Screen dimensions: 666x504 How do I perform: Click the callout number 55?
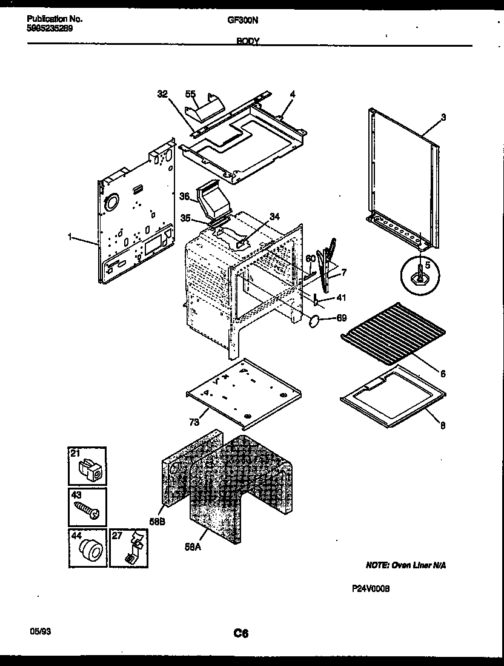[x=190, y=95]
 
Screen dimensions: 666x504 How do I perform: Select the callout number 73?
[x=193, y=421]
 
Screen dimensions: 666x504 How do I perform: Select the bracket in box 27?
[x=132, y=548]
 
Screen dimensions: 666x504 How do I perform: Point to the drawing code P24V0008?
[x=370, y=588]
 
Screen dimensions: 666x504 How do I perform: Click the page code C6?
[x=241, y=633]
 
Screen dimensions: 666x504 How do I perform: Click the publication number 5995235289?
[x=50, y=28]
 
